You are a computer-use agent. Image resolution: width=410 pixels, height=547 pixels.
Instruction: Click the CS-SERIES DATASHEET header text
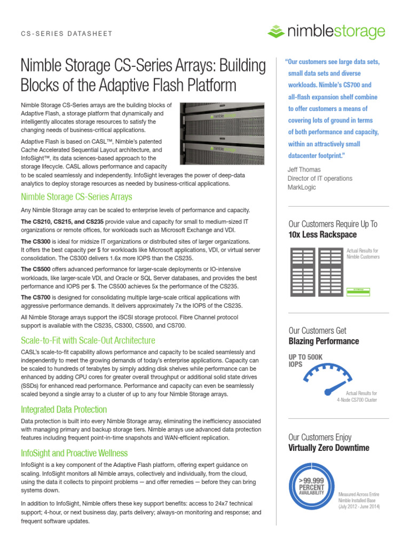[x=67, y=34]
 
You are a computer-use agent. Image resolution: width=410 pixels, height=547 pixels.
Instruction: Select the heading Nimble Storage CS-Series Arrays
[x=76, y=197]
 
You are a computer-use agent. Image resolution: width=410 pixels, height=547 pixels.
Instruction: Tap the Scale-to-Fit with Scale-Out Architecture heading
[x=88, y=340]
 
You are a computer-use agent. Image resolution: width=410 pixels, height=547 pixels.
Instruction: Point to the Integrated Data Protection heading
[x=64, y=409]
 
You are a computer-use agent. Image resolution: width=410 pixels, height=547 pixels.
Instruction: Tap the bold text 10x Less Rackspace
[x=322, y=235]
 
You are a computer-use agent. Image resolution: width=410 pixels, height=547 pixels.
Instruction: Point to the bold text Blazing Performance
[x=324, y=341]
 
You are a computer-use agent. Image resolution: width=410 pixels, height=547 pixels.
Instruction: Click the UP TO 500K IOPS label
[x=306, y=360]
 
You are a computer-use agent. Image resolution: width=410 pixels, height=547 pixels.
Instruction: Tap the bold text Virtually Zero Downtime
[x=328, y=448]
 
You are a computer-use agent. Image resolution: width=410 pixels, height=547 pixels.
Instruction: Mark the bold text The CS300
[x=36, y=241]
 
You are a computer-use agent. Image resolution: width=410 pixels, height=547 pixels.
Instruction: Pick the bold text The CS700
[x=36, y=298]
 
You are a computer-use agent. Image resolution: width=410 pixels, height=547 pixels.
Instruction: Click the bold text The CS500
[x=36, y=269]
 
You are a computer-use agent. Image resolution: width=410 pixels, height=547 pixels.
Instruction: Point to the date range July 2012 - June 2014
[x=359, y=506]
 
